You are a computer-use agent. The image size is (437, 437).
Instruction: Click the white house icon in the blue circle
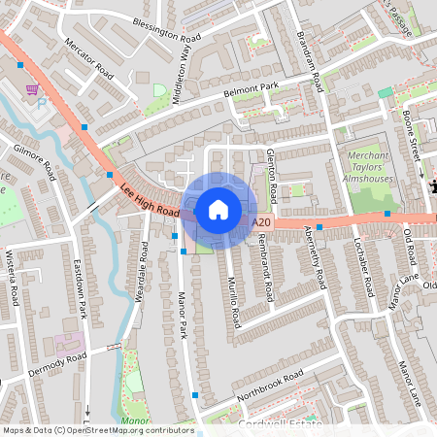[x=218, y=209]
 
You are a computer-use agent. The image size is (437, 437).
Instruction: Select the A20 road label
[x=259, y=222]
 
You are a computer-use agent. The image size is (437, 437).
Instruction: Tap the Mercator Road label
[x=89, y=60]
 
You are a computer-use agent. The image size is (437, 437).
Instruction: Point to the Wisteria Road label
[x=14, y=274]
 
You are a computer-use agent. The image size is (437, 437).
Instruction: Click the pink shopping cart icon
[x=32, y=89]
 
